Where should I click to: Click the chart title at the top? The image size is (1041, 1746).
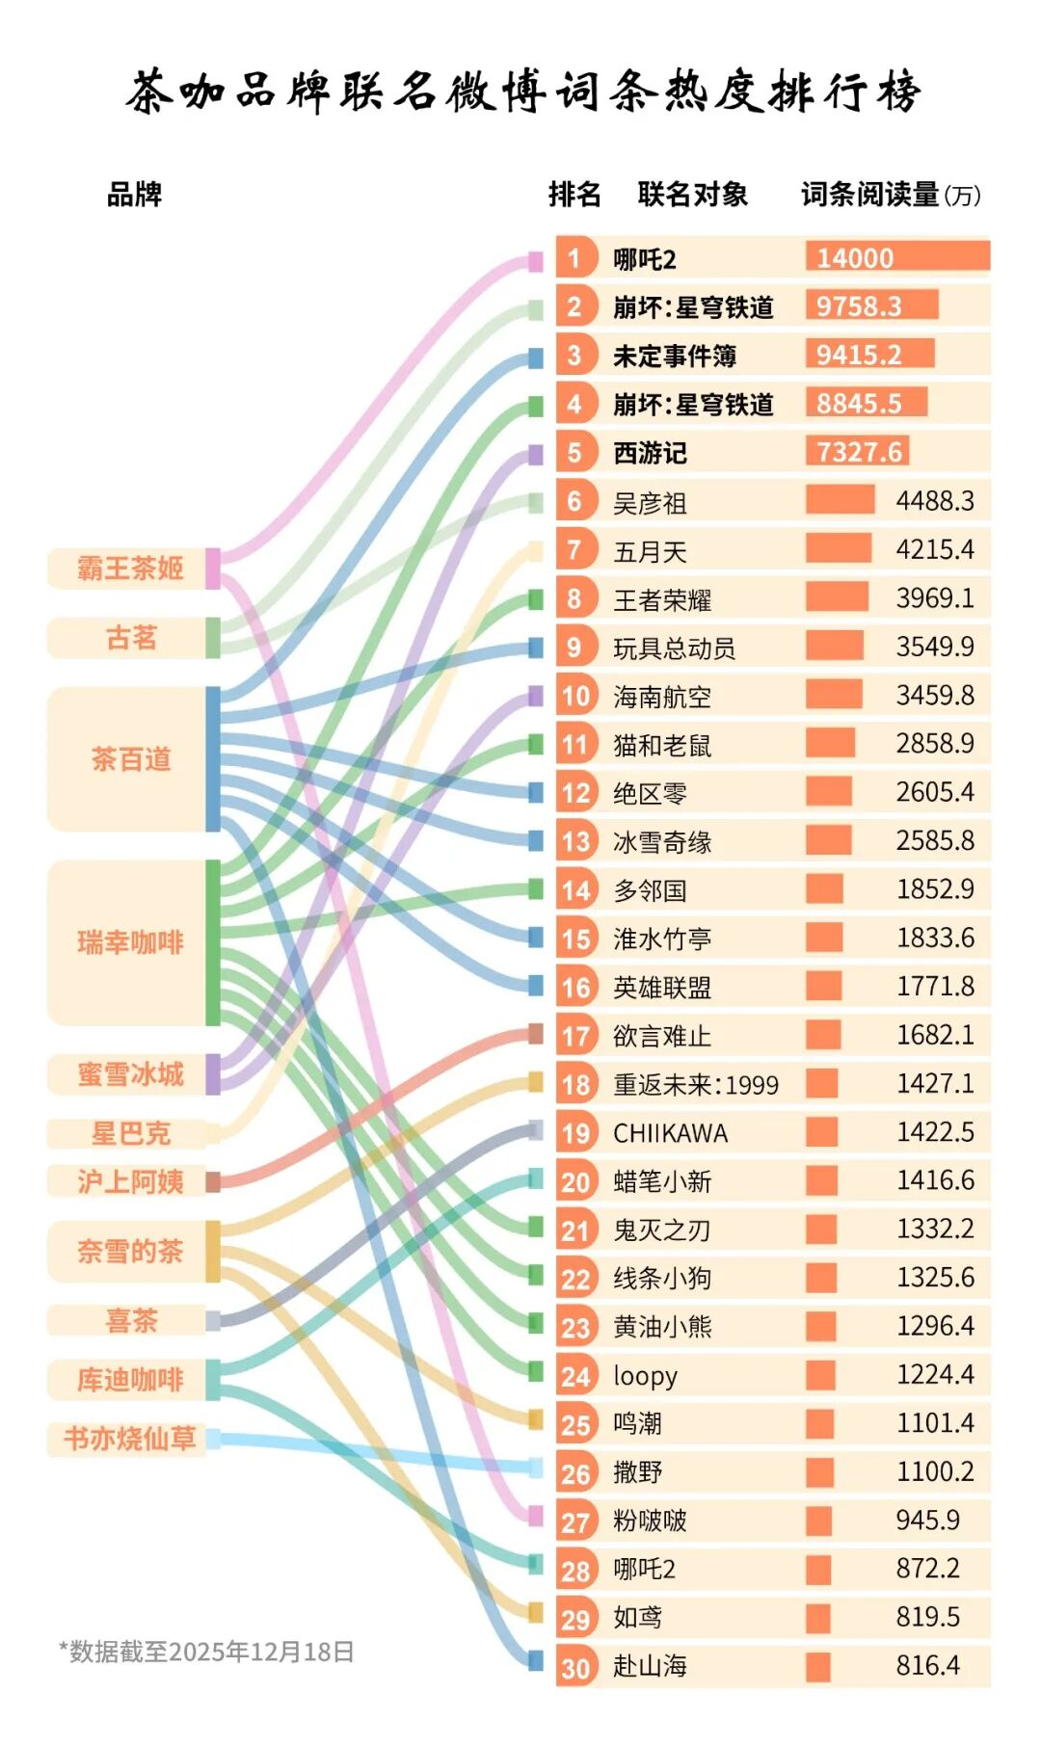522,93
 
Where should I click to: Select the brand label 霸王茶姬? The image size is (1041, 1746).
130,569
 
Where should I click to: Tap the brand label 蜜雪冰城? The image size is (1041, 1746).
130,1074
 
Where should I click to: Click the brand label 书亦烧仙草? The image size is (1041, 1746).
130,1439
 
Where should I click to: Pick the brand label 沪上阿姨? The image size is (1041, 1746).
130,1181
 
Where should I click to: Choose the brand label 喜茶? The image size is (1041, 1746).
130,1320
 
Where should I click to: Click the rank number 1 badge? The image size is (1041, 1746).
574,258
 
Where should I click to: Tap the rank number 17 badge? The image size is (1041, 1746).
575,1036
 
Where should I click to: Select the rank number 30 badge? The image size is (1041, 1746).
575,1667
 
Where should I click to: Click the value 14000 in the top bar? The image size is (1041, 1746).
855,258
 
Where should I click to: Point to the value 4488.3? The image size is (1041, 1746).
934,501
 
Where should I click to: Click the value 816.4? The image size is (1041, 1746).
927,1665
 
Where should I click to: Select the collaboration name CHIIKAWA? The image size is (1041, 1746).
671,1133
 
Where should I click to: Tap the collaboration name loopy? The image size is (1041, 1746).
645,1375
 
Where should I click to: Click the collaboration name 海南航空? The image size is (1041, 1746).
662,697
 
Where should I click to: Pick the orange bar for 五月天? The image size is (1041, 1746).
839,549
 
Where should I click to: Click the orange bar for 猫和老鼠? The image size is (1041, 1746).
830,743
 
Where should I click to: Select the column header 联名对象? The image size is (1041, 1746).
692,195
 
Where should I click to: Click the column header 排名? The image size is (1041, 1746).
574,195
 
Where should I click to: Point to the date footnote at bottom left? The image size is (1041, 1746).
206,1652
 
